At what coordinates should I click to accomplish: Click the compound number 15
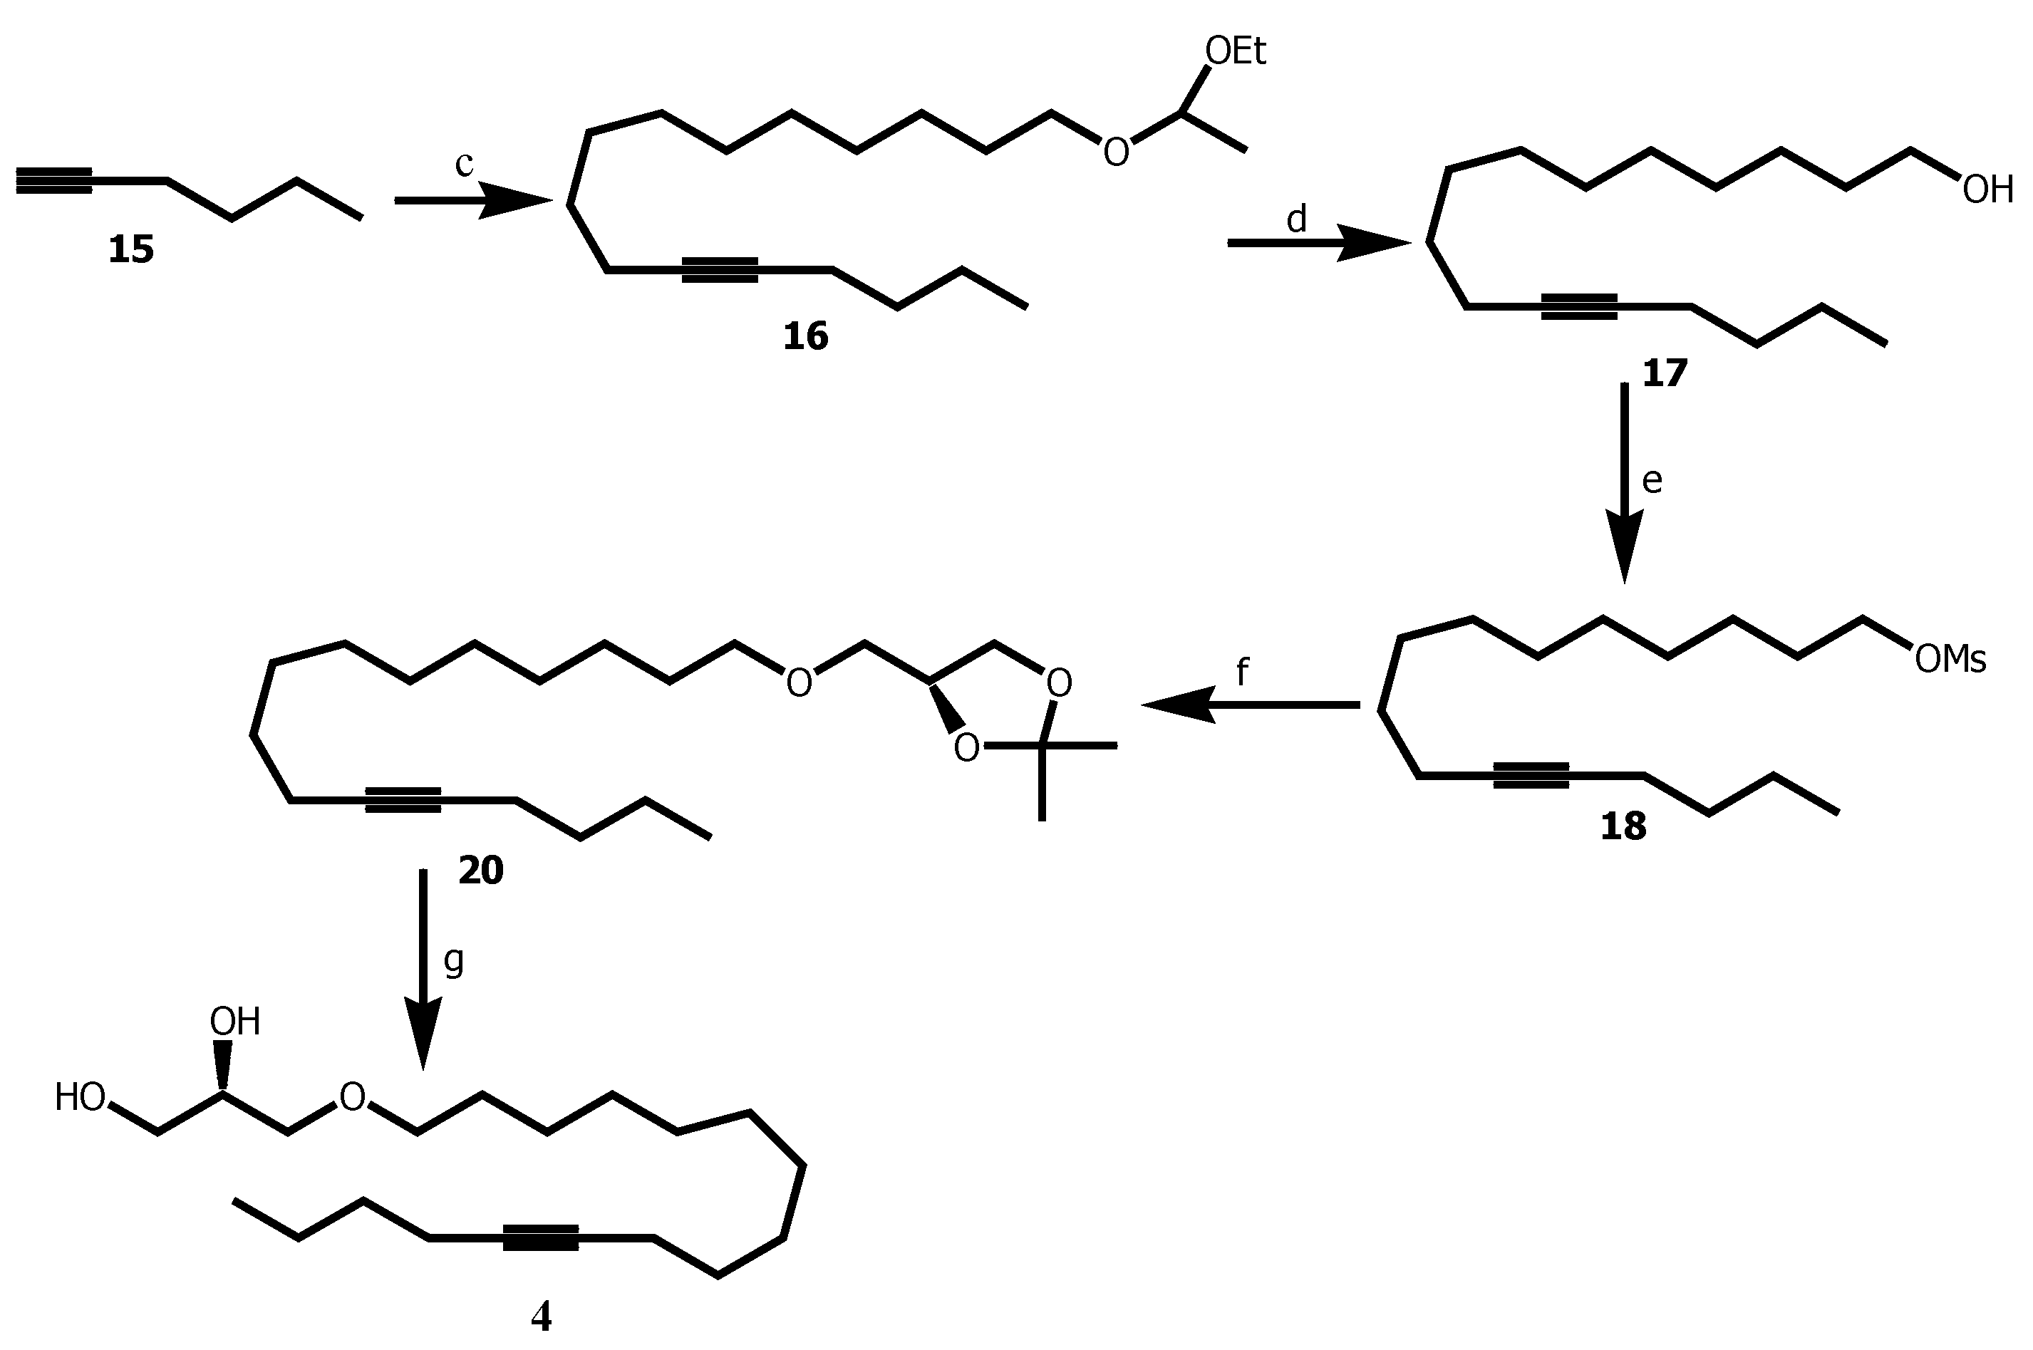131,249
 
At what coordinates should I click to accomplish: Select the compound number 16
805,336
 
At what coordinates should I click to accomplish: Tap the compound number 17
1665,373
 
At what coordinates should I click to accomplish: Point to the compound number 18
1623,826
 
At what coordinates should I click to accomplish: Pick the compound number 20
480,871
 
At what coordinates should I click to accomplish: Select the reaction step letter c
464,164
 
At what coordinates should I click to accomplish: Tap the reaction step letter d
1296,219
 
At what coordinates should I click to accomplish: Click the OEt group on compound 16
1235,52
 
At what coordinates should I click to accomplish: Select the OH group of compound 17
1987,189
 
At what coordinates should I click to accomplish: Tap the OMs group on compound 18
1950,660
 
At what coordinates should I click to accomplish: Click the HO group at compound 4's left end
80,1098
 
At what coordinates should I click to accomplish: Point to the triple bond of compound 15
54,181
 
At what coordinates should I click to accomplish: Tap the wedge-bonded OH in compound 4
234,1022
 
